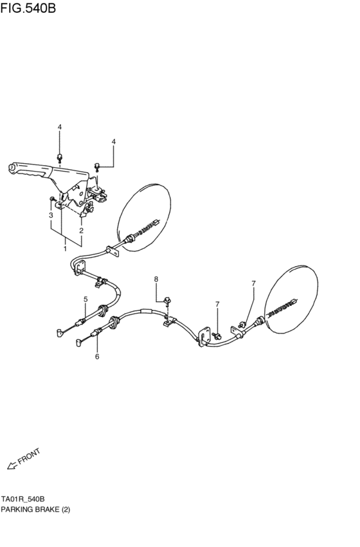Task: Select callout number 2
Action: [82, 230]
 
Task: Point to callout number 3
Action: [51, 216]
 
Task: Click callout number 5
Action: [85, 300]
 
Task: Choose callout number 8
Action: [156, 280]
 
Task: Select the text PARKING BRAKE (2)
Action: [35, 510]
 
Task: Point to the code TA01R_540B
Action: [22, 499]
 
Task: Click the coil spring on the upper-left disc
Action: [149, 226]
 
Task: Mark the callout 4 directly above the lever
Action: [60, 127]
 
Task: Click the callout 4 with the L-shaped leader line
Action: [114, 141]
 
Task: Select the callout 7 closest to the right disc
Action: [253, 283]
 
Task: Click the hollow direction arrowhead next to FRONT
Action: [10, 465]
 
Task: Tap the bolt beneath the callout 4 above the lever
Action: [60, 156]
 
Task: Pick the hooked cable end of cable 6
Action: [78, 343]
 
